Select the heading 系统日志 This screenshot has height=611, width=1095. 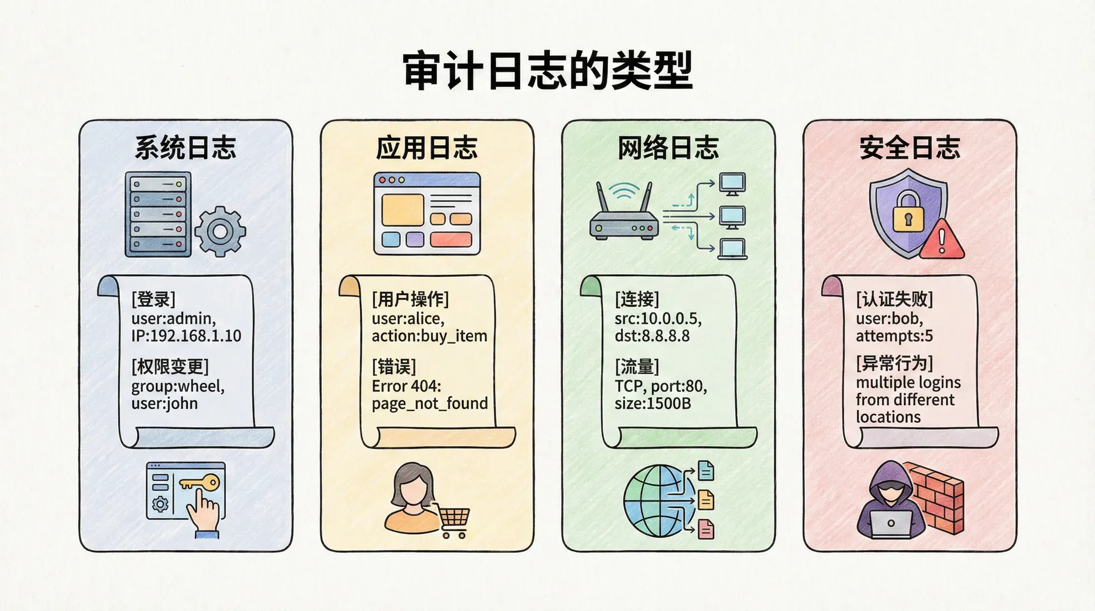185,148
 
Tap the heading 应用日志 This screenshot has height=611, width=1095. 427,148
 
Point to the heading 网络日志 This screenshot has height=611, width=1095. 668,148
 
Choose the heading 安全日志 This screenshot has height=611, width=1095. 910,148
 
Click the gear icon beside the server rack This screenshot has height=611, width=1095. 220,231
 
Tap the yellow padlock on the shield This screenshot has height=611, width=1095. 908,213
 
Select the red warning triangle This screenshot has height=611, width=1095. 942,239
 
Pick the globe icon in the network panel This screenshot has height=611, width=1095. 659,500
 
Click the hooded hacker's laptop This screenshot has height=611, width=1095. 890,523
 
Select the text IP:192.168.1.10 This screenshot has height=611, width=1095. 186,336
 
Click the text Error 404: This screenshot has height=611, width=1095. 406,386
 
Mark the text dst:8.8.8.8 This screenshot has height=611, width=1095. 652,336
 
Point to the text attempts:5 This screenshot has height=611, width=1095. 894,336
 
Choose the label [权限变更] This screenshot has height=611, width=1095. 170,366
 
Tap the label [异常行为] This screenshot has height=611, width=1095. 894,363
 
